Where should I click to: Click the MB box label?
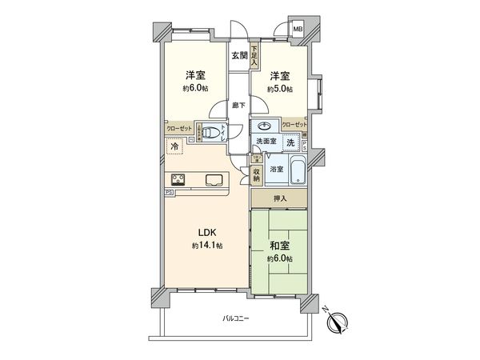(298, 30)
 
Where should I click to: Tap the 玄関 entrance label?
(239, 55)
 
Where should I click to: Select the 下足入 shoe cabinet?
(254, 54)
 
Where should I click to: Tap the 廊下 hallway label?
(238, 105)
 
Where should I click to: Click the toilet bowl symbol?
(209, 134)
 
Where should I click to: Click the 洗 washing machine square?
(291, 142)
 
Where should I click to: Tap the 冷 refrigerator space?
(175, 147)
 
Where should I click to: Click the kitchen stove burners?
(178, 179)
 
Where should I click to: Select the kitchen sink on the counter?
(214, 179)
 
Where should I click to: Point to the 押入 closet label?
(278, 198)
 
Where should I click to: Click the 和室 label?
(279, 246)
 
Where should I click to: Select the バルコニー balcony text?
(236, 318)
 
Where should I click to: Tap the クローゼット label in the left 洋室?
(178, 128)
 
